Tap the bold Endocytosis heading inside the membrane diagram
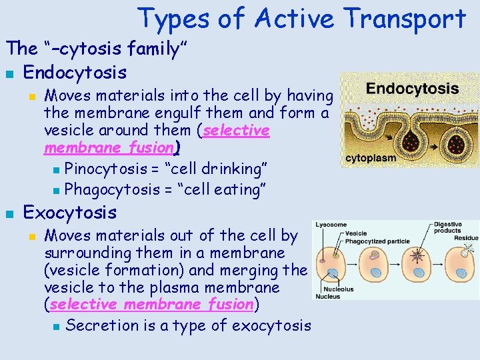click(412, 89)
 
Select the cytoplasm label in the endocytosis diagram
click(371, 159)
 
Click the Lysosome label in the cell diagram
click(331, 225)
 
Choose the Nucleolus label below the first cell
click(335, 289)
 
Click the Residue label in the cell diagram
click(467, 237)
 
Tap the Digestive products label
click(448, 227)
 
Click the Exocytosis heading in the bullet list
click(70, 213)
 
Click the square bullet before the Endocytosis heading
click(9, 71)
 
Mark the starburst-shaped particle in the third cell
click(419, 255)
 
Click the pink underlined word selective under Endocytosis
click(236, 131)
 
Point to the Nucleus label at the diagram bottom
click(327, 296)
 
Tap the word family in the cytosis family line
click(153, 48)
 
